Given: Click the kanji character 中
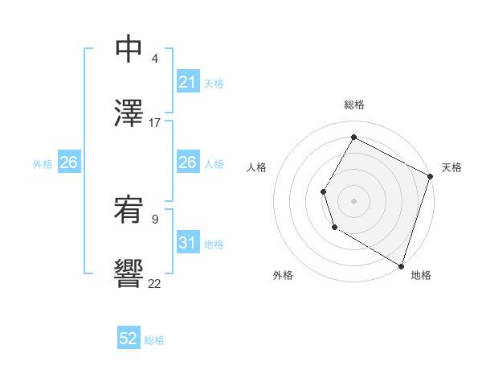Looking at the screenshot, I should pyautogui.click(x=129, y=49).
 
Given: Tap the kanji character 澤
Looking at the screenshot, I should pyautogui.click(x=129, y=113).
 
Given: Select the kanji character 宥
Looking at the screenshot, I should pyautogui.click(x=129, y=210).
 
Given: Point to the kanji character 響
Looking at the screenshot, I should pyautogui.click(x=129, y=273).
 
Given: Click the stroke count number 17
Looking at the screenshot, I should pyautogui.click(x=155, y=122).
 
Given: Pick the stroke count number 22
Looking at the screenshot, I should pyautogui.click(x=155, y=282).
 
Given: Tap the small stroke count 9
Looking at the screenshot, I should pyautogui.click(x=155, y=218).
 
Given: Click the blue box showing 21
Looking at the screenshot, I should pyautogui.click(x=188, y=82).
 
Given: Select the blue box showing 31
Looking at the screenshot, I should pyautogui.click(x=188, y=243).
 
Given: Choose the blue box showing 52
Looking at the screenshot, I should pyautogui.click(x=129, y=339).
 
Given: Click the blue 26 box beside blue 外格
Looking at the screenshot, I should pyautogui.click(x=69, y=162).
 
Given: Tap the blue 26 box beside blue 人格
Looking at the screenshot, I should pyautogui.click(x=188, y=162).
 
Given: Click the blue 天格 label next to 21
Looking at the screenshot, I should pyautogui.click(x=214, y=83).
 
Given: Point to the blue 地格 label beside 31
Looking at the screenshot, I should pyautogui.click(x=214, y=244).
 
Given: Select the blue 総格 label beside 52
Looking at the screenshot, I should pyautogui.click(x=154, y=340).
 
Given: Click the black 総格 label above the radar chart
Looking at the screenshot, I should pyautogui.click(x=353, y=105).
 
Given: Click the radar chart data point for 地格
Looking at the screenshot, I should pyautogui.click(x=401, y=265).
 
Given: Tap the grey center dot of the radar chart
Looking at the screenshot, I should pyautogui.click(x=353, y=200).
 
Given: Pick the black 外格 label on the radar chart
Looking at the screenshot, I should pyautogui.click(x=283, y=275).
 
